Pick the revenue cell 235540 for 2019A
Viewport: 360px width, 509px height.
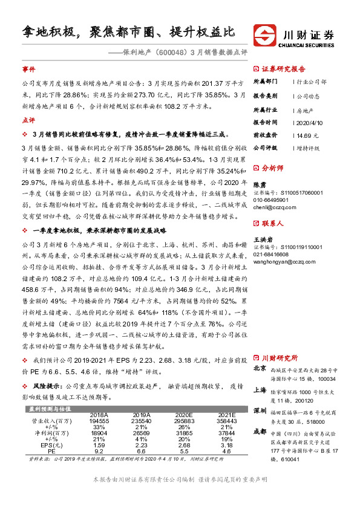pyautogui.click(x=140, y=420)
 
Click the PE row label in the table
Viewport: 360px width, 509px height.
pyautogui.click(x=52, y=452)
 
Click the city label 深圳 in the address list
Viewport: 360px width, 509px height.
pyautogui.click(x=259, y=410)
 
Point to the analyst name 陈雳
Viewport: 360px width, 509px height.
pyautogui.click(x=259, y=184)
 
